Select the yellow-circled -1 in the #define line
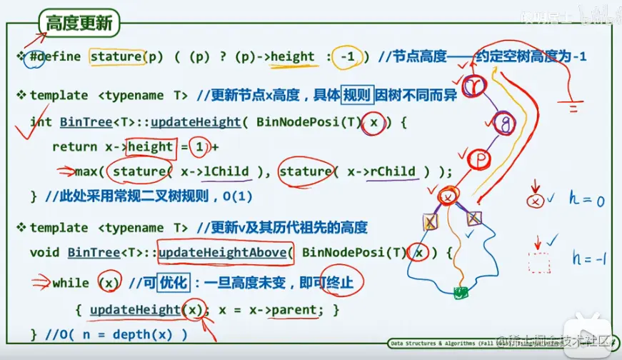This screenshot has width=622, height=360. [x=346, y=57]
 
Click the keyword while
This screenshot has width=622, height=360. [x=70, y=283]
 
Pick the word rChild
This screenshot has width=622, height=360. [x=391, y=171]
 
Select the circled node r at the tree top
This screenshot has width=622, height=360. [x=473, y=86]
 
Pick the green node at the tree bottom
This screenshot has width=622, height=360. [x=461, y=292]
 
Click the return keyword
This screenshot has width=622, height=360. [x=74, y=148]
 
